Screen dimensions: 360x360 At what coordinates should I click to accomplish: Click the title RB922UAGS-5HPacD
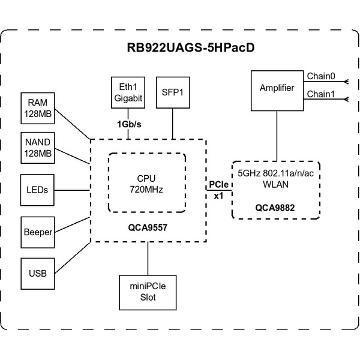click(179, 48)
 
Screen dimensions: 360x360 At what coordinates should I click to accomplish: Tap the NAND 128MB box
click(37, 148)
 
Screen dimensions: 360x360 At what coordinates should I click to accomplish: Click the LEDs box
click(37, 190)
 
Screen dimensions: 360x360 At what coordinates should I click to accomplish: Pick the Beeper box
click(37, 232)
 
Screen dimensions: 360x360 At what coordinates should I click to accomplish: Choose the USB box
click(37, 274)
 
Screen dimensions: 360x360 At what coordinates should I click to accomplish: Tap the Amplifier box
click(277, 89)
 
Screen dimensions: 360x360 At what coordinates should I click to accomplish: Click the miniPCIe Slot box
click(147, 292)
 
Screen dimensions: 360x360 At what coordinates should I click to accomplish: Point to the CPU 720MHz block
click(146, 182)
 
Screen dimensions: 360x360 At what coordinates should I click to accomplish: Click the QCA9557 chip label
click(147, 229)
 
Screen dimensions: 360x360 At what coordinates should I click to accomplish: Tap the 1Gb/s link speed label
click(129, 124)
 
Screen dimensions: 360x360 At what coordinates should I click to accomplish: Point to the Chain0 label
click(320, 76)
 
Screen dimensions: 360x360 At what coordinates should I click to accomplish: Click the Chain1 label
click(320, 94)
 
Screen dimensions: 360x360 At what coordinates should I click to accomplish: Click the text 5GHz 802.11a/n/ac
click(276, 174)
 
